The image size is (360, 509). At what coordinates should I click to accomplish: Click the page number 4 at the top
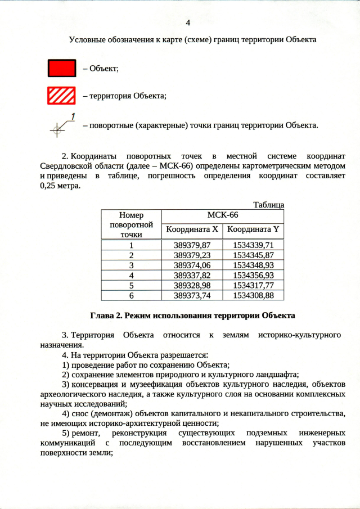(188, 22)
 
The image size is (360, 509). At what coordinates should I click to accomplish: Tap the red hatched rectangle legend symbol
(61, 96)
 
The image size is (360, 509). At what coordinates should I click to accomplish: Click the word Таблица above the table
(268, 205)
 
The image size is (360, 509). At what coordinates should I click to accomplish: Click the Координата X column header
(192, 229)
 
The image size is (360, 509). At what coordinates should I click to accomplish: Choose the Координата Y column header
(253, 229)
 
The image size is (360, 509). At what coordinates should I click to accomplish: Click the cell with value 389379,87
(192, 245)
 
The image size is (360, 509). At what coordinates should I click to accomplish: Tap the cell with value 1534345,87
(253, 255)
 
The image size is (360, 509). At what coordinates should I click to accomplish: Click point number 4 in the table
(131, 275)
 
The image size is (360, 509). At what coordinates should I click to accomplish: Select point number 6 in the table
(131, 295)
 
